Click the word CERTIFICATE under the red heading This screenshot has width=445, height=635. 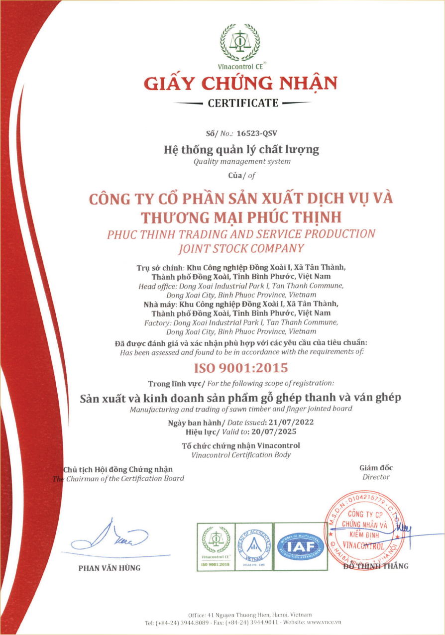pyautogui.click(x=243, y=104)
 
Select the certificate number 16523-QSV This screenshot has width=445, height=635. pyautogui.click(x=257, y=134)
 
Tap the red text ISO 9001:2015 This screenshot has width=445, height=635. pyautogui.click(x=241, y=368)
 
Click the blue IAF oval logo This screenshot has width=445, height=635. pyautogui.click(x=300, y=546)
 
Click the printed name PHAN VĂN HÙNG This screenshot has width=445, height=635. pyautogui.click(x=110, y=568)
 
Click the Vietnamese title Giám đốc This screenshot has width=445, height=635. pyautogui.click(x=376, y=468)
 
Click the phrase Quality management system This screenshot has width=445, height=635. pyautogui.click(x=241, y=161)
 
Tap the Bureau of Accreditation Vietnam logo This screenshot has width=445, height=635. pyautogui.click(x=253, y=546)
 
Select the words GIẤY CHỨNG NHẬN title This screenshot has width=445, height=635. pyautogui.click(x=241, y=83)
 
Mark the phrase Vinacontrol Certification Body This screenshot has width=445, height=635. pyautogui.click(x=241, y=455)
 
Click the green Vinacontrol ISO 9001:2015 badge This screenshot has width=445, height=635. pyautogui.click(x=216, y=546)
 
